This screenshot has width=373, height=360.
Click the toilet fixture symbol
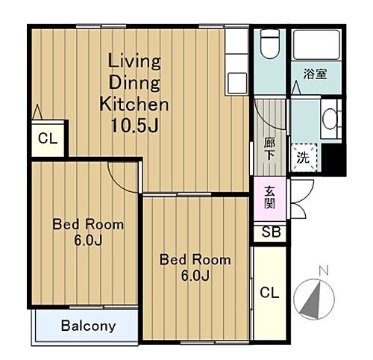[x=269, y=44]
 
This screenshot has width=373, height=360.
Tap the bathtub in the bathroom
[x=316, y=45]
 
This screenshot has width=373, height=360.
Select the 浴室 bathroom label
[x=315, y=74]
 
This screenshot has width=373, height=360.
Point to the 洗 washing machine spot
[x=304, y=158]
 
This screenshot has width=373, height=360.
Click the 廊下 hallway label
[x=269, y=149]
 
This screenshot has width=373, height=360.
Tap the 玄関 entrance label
[x=269, y=197]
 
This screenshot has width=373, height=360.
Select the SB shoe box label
[x=271, y=232]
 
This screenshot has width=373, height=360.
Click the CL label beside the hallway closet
[x=269, y=293]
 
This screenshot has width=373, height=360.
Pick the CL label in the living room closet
[x=48, y=138]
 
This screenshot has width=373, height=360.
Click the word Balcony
[x=89, y=326]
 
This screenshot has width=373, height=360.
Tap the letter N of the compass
[x=324, y=270]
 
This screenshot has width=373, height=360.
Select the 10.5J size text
[x=134, y=125]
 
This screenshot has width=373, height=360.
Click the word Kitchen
[x=134, y=104]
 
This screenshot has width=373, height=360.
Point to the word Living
[x=134, y=61]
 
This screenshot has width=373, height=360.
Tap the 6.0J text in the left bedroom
[x=88, y=240]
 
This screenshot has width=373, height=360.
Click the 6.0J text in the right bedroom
[x=195, y=276]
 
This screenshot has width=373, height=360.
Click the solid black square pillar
[x=333, y=160]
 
